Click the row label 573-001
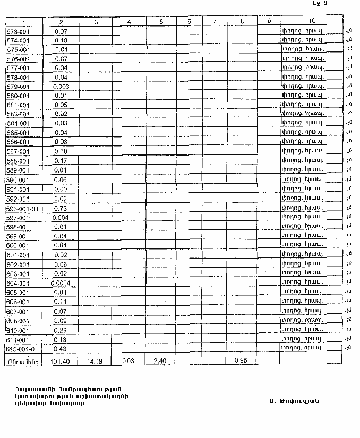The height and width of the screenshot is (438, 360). pos(18,31)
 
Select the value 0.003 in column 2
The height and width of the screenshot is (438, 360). pos(61,87)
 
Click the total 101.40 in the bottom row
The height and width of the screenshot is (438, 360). pos(61,360)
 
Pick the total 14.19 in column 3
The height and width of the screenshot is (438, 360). pos(96,360)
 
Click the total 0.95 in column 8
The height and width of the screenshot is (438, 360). pos(242,360)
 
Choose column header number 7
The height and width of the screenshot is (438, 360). pos(214,21)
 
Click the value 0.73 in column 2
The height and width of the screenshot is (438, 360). pos(61,209)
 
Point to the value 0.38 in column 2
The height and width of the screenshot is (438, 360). pos(61,151)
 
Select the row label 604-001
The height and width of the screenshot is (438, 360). pos(18,283)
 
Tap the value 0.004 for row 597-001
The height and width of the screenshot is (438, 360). pos(61,218)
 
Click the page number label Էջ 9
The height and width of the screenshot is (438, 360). pos(320,3)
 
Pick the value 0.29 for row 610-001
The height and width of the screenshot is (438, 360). pos(61,330)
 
